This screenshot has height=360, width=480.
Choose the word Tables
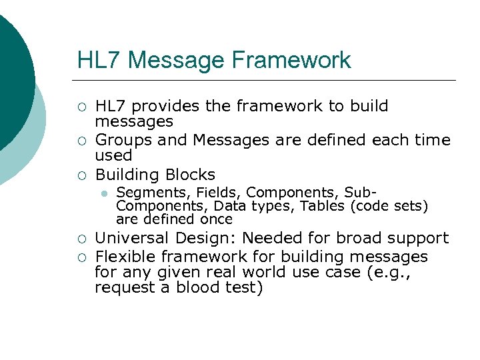pos(322,205)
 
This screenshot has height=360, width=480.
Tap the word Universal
pos(132,238)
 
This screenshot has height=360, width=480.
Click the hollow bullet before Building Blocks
pos(81,175)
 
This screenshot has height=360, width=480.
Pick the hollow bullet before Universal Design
pos(81,239)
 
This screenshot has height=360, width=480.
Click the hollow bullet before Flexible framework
pos(81,257)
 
